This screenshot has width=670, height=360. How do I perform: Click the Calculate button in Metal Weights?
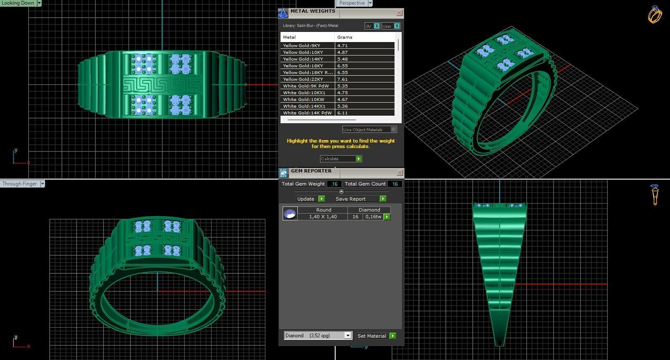pyautogui.click(x=341, y=159)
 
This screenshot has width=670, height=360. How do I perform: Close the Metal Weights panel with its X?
pyautogui.click(x=399, y=13)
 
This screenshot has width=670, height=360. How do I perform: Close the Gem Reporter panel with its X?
pyautogui.click(x=400, y=173)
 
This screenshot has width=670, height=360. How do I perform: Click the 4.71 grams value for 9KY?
pyautogui.click(x=342, y=45)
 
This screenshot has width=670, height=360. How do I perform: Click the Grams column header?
pyautogui.click(x=344, y=37)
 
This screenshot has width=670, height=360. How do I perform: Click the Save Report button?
pyautogui.click(x=360, y=199)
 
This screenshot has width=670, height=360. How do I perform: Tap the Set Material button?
pyautogui.click(x=376, y=336)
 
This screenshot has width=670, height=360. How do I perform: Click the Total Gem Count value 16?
pyautogui.click(x=395, y=184)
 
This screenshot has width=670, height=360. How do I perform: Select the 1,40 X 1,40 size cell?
pyautogui.click(x=323, y=217)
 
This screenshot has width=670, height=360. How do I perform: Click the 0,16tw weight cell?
pyautogui.click(x=373, y=217)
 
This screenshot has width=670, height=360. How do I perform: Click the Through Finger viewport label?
pyautogui.click(x=20, y=184)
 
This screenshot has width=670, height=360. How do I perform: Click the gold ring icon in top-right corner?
pyautogui.click(x=654, y=15)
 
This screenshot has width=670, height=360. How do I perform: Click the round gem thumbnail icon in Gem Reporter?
pyautogui.click(x=290, y=214)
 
